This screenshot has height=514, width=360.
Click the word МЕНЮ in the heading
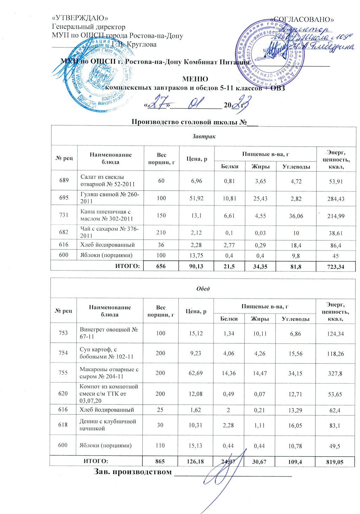pyautogui.click(x=195, y=79)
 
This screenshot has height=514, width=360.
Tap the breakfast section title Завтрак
pyautogui.click(x=203, y=136)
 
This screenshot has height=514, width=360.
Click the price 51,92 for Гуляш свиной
pyautogui.click(x=197, y=198)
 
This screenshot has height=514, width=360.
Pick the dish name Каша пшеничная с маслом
pyautogui.click(x=107, y=215)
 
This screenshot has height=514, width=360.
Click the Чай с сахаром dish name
pyautogui.click(x=109, y=233)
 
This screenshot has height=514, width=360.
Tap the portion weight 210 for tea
pyautogui.click(x=161, y=233)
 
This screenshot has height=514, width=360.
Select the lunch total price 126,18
pyautogui.click(x=195, y=461)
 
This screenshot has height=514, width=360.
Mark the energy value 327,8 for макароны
pyautogui.click(x=335, y=373)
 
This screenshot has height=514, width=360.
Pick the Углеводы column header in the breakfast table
pyautogui.click(x=296, y=166)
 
